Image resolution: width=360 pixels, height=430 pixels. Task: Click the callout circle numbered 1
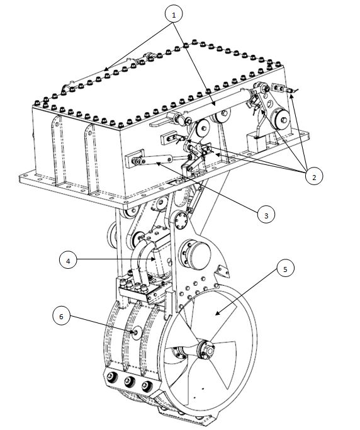click(x=174, y=15)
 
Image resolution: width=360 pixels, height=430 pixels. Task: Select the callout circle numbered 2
click(x=314, y=176)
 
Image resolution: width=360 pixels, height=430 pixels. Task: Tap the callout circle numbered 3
click(x=266, y=215)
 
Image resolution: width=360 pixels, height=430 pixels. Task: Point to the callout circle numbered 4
click(x=68, y=260)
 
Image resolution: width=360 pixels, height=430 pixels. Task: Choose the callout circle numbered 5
click(x=285, y=268)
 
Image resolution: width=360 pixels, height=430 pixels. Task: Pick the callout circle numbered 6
click(x=61, y=316)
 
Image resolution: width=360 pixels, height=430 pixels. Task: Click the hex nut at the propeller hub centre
click(x=210, y=351)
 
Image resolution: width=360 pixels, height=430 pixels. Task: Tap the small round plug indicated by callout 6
click(x=137, y=332)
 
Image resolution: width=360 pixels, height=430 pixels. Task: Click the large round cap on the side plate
click(x=200, y=256)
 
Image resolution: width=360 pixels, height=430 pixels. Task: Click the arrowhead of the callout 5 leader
click(x=217, y=314)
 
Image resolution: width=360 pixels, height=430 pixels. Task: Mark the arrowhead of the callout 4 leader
click(x=153, y=259)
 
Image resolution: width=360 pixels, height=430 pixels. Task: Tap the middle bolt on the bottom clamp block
click(x=129, y=381)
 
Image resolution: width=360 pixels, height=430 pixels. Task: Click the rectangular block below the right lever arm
click(x=257, y=142)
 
